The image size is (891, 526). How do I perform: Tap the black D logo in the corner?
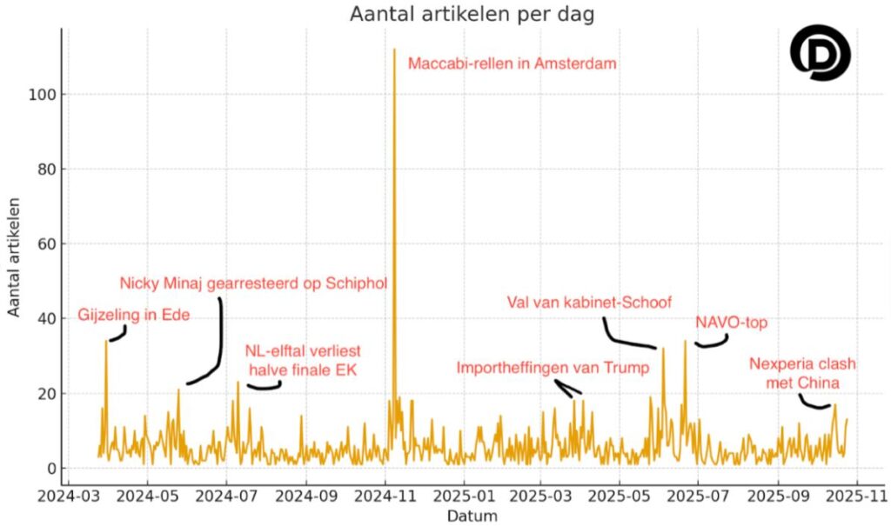coord(820,53)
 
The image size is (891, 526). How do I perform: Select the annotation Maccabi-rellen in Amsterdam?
coord(512,63)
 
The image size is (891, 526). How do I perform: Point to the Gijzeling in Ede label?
coord(133,314)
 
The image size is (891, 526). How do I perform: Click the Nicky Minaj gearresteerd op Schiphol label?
coord(253,283)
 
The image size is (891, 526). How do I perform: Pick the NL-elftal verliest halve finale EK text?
coord(302,361)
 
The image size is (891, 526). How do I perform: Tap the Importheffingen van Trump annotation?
coord(553,368)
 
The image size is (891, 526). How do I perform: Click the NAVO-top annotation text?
coord(732,323)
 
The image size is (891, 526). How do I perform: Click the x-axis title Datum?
coord(472,516)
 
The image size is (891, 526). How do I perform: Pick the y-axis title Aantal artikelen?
coord(14,256)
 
